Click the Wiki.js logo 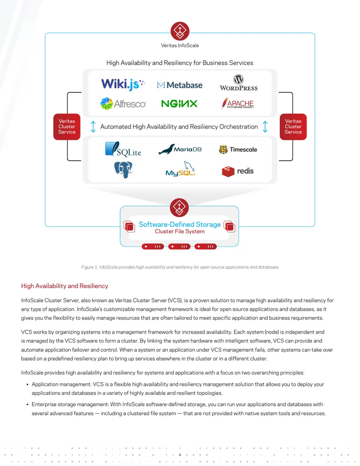pyautogui.click(x=123, y=84)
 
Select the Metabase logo pyautogui.click(x=180, y=85)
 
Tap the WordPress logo pyautogui.click(x=238, y=83)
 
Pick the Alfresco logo pyautogui.click(x=123, y=104)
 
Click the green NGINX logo pyautogui.click(x=179, y=104)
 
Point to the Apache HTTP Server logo pyautogui.click(x=238, y=104)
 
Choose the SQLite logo pyautogui.click(x=123, y=149)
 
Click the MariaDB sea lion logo pyautogui.click(x=180, y=149)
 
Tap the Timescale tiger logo pyautogui.click(x=238, y=149)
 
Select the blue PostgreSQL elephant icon pyautogui.click(x=123, y=170)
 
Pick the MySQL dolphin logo pyautogui.click(x=180, y=169)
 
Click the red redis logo pyautogui.click(x=238, y=171)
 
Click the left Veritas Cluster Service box pyautogui.click(x=67, y=127)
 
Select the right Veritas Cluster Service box pyautogui.click(x=293, y=127)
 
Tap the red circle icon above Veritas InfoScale pyautogui.click(x=180, y=31)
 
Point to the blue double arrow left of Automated pyautogui.click(x=93, y=127)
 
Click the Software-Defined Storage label pyautogui.click(x=180, y=224)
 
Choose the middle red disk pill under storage pyautogui.click(x=179, y=246)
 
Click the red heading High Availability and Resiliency pyautogui.click(x=64, y=286)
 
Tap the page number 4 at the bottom pyautogui.click(x=180, y=455)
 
